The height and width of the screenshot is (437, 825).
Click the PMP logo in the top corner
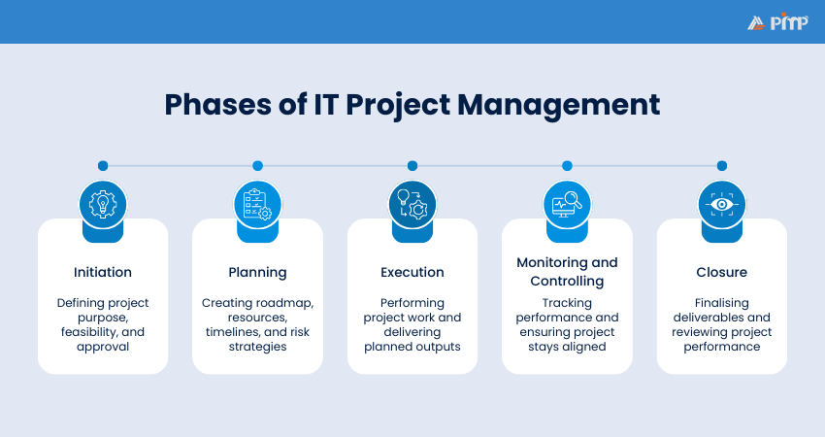[x=777, y=22]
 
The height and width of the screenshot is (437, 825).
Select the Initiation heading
[x=103, y=272]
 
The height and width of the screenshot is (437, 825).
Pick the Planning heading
[x=257, y=272]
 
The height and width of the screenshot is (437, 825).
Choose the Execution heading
[x=412, y=272]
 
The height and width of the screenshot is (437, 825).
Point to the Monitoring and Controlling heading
[x=567, y=272]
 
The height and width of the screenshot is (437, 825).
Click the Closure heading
[x=721, y=272]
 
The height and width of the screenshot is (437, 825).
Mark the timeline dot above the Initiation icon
[x=103, y=166]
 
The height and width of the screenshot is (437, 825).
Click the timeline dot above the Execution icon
[x=412, y=166]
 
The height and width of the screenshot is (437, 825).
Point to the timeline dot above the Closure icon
[x=721, y=166]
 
